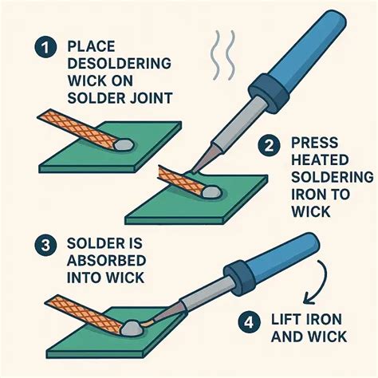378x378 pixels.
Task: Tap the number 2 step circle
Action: pos(269,145)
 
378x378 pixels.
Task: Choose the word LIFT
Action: pos(293,321)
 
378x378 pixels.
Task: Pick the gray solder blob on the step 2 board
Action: pos(210,191)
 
